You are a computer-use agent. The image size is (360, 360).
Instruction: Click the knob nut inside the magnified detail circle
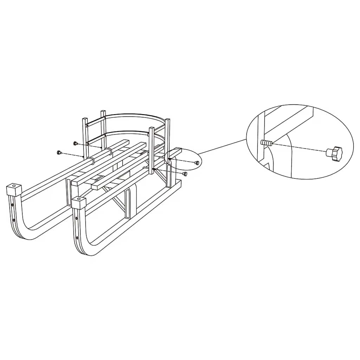tap(334, 153)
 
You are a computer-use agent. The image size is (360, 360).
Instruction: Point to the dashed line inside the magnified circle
tap(299, 148)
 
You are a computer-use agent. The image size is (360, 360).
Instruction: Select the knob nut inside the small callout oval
tap(197, 162)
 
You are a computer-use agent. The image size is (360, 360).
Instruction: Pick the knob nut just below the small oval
tap(185, 174)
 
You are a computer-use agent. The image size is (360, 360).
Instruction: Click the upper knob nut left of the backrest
tap(75, 143)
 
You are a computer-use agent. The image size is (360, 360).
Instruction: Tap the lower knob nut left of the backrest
tap(59, 152)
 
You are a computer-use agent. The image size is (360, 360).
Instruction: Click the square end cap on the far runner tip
tap(14, 189)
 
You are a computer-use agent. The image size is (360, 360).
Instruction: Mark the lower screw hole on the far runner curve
tap(14, 220)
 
